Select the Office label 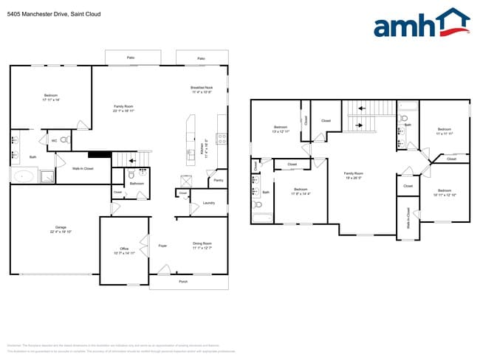click(x=124, y=249)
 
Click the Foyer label click(x=162, y=246)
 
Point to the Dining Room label click(x=202, y=243)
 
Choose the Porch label click(x=183, y=281)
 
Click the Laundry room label click(x=208, y=203)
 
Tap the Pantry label click(x=219, y=180)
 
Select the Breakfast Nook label click(x=202, y=88)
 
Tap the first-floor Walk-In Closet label click(x=82, y=169)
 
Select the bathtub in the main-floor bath click(x=24, y=176)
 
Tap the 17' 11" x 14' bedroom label click(x=51, y=96)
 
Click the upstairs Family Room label click(x=354, y=174)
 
